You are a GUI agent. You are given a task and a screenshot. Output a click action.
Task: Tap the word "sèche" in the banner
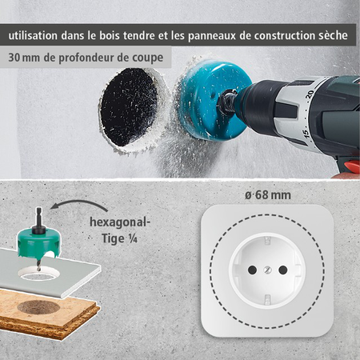[330, 36]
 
